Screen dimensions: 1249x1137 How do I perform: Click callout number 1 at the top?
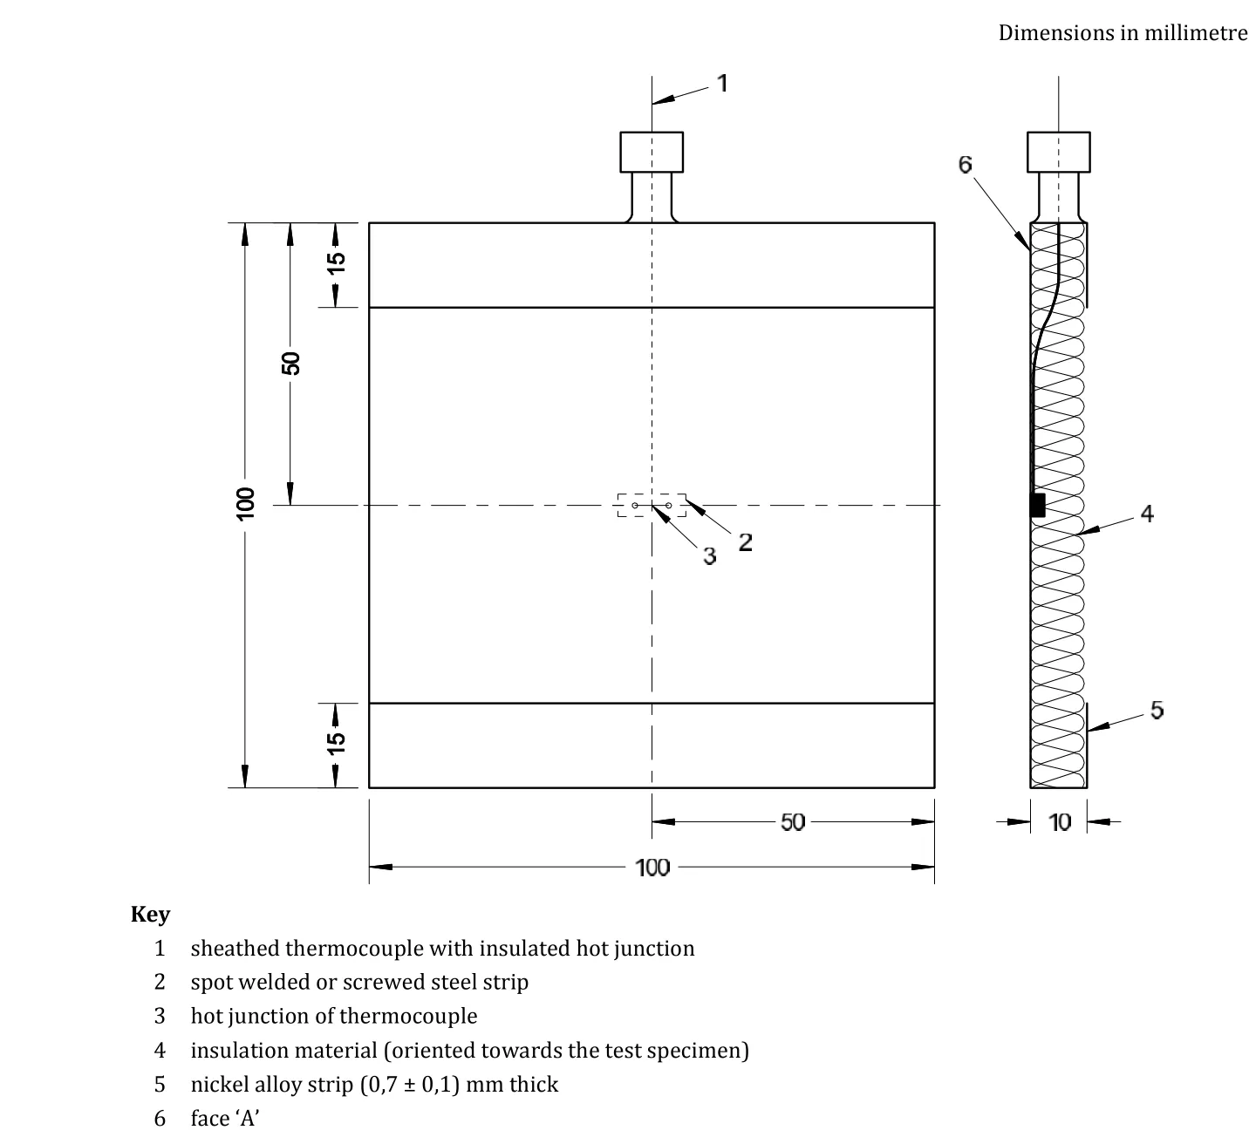(722, 83)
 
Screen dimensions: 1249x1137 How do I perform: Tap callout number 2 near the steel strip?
(745, 541)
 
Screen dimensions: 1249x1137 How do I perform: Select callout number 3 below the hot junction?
(709, 555)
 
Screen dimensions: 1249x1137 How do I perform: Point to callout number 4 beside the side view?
(1146, 514)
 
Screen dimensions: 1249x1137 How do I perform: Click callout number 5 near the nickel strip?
(1157, 710)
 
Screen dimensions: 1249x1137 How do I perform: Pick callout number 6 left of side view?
(965, 165)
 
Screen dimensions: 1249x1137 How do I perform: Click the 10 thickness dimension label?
(1059, 822)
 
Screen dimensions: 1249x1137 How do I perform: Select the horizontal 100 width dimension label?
(652, 868)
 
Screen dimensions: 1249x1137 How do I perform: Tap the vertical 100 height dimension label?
(245, 503)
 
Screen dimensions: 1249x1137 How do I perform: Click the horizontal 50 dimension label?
(793, 822)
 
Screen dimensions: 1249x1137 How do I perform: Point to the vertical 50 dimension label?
(290, 363)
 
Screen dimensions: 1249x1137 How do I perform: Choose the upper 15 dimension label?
(336, 262)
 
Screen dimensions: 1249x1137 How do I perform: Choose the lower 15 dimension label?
(336, 742)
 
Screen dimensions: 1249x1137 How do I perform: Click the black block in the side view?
(1037, 505)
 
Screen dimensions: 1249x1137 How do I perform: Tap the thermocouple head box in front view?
(652, 152)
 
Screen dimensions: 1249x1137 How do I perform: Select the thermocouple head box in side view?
(1058, 152)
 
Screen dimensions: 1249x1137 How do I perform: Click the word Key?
(150, 914)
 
